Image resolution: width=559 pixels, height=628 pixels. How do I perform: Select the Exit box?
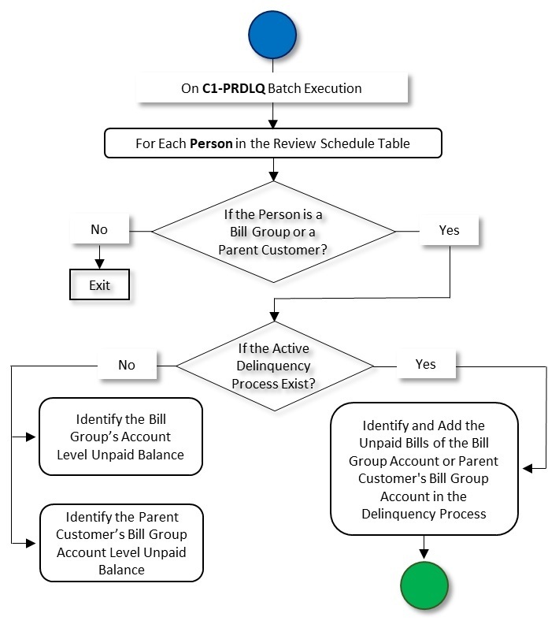point(100,285)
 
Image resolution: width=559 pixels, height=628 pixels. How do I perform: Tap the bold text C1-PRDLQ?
point(233,88)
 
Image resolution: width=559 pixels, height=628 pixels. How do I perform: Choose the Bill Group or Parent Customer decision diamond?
point(273,232)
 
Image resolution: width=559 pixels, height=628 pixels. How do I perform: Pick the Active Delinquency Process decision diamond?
point(274,365)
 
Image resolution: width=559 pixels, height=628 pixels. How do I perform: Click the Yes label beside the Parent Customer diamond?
point(449,231)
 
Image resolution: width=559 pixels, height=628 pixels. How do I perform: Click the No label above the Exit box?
point(99,231)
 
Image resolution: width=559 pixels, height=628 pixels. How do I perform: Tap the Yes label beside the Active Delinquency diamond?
point(425,365)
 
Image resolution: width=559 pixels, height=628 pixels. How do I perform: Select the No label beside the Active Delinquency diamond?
point(127,365)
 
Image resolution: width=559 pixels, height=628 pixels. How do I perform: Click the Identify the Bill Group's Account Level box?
point(121,437)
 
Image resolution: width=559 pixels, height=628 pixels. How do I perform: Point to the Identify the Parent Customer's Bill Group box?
point(121,543)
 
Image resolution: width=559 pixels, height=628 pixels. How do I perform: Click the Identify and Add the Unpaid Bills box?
point(424,469)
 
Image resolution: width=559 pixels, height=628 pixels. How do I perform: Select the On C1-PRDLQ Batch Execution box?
point(272,88)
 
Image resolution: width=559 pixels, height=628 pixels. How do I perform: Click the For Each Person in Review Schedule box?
point(272,144)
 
